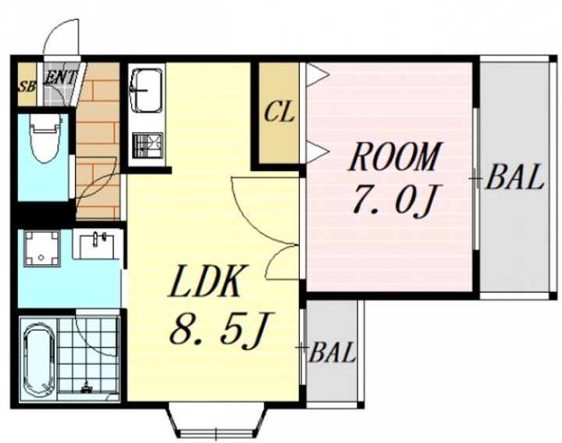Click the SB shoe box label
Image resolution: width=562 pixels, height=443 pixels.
(x=27, y=87)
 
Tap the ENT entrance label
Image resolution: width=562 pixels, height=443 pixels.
(x=59, y=77)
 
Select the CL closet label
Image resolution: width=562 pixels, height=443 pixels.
(x=279, y=112)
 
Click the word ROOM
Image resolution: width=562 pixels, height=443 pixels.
(x=394, y=157)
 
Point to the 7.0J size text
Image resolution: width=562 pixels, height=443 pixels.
(x=394, y=202)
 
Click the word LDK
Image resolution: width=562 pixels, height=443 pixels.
(x=204, y=281)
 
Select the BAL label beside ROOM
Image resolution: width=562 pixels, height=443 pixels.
(x=514, y=177)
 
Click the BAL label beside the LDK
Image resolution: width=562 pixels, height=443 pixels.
(x=332, y=352)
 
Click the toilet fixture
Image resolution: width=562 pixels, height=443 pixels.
(x=46, y=138)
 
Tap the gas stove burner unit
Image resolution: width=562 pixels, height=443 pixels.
(x=148, y=145)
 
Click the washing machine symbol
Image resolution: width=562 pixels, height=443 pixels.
(x=41, y=248)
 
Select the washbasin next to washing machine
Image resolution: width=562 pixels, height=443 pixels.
(x=96, y=245)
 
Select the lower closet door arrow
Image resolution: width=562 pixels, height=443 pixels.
(x=318, y=152)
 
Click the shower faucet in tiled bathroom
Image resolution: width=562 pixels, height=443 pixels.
(x=86, y=388)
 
